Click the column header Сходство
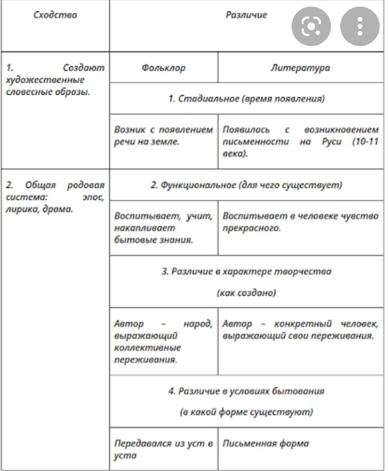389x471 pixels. pos(55,15)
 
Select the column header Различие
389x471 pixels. pos(246,15)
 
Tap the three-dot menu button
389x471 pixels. pos(360,26)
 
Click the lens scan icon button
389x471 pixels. pos(311,26)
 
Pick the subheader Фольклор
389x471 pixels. pos(163,68)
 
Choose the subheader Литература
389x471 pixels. pos(300,68)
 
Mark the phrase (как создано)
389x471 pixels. pos(246,293)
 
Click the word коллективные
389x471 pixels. pos(148,347)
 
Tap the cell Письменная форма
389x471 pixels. pos(266,444)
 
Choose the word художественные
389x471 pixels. pos(45,80)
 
